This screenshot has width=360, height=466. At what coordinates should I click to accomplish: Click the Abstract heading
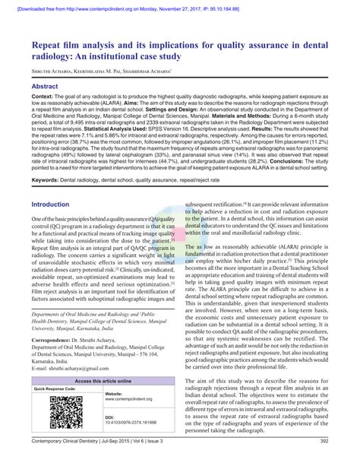(x=45, y=87)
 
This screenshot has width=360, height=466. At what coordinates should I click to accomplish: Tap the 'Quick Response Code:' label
(x=55, y=388)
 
